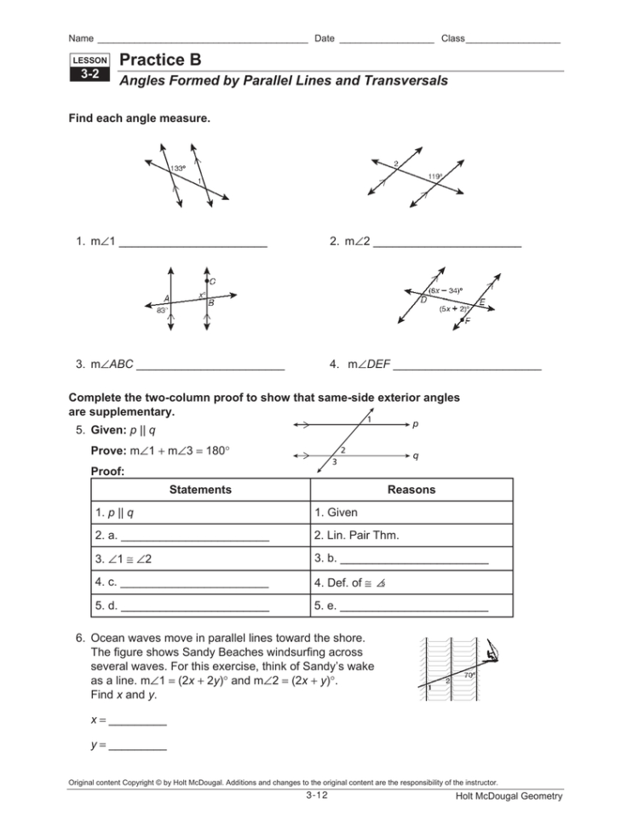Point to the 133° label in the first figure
(x=178, y=168)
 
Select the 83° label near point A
(x=161, y=311)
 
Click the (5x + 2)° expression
(x=454, y=309)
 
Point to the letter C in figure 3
(x=212, y=281)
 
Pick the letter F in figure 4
(x=468, y=321)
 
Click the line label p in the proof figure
(x=415, y=422)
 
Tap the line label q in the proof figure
(x=415, y=456)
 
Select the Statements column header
(x=200, y=490)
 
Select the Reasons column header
(x=411, y=490)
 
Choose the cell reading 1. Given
(x=337, y=513)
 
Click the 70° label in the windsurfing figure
(x=469, y=675)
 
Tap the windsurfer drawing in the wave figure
(x=492, y=654)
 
